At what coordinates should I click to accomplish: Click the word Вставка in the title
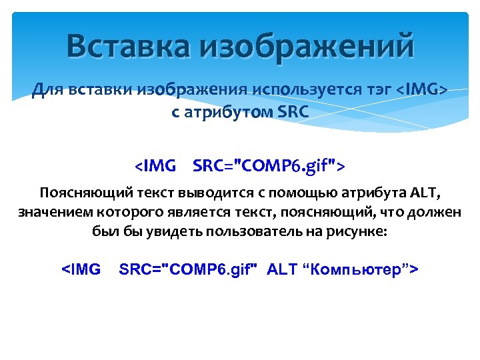[127, 47]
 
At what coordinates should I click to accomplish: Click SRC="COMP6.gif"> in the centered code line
[269, 165]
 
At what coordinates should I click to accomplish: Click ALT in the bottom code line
[281, 269]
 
